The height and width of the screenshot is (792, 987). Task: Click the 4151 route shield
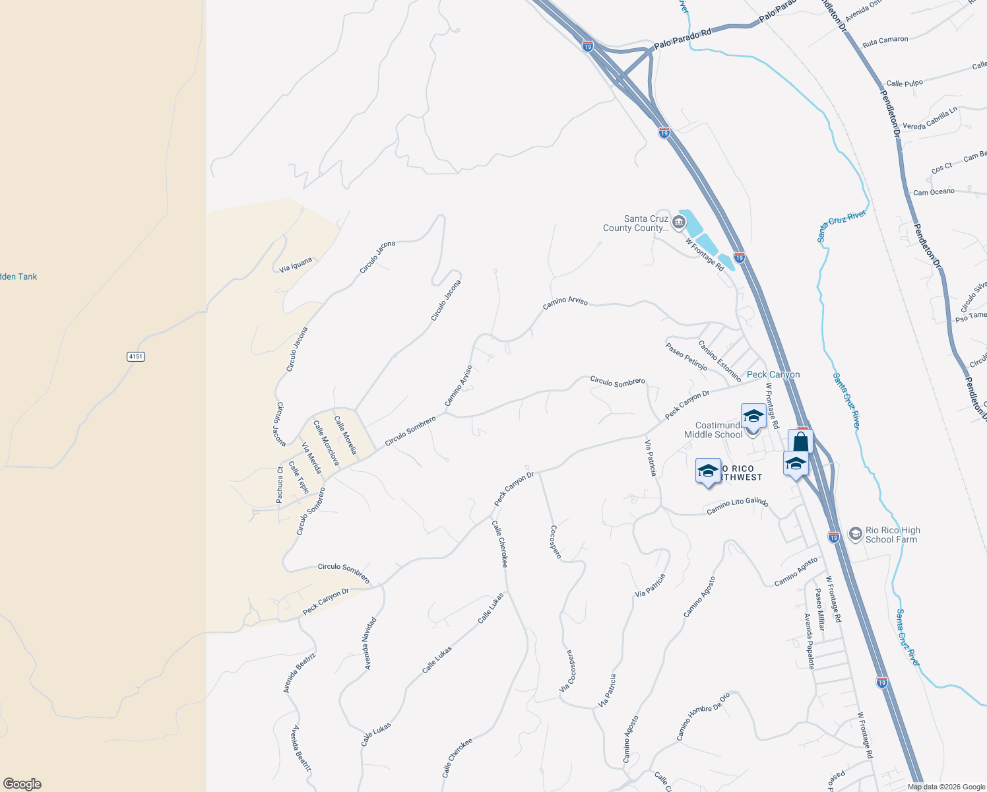[135, 356]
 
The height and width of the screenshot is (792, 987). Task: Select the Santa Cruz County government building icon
[679, 224]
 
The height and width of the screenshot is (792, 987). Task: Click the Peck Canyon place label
[773, 374]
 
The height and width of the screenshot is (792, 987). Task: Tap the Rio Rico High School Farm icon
[856, 534]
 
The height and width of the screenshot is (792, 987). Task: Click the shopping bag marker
[800, 440]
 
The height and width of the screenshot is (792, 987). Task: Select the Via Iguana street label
[296, 265]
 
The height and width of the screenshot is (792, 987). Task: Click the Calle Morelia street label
[345, 435]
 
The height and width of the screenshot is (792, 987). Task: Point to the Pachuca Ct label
[280, 484]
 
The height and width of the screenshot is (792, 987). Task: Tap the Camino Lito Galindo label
[737, 506]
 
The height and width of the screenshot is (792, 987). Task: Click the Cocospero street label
[556, 542]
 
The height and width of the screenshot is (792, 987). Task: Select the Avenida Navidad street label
[371, 643]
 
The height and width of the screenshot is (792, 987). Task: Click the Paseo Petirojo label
[686, 356]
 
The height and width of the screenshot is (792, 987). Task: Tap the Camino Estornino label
[720, 361]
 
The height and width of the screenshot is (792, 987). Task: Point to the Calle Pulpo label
[905, 83]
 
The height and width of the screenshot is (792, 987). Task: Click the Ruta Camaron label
[885, 41]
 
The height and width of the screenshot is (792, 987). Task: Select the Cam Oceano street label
[934, 192]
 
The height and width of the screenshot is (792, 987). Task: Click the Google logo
[22, 783]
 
